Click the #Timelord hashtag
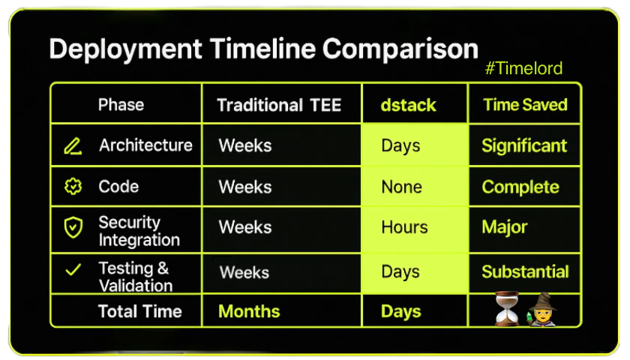[x=523, y=69]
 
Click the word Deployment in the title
[x=126, y=49]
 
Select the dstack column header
[x=408, y=105]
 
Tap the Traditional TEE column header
[x=279, y=105]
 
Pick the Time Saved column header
[x=525, y=105]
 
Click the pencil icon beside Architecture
[x=73, y=146]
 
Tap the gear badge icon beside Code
[x=73, y=187]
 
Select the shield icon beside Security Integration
[x=73, y=227]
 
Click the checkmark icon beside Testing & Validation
[x=73, y=269]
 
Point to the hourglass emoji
[x=507, y=308]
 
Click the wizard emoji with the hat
[x=542, y=309]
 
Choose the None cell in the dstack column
[x=401, y=187]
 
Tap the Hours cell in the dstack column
[x=404, y=227]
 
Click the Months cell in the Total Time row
[x=249, y=311]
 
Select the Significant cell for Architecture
[x=524, y=145]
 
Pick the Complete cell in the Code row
[x=520, y=187]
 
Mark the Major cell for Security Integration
[x=504, y=227]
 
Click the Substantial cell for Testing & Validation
[x=525, y=272]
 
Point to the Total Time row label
[x=139, y=311]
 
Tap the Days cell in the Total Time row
[x=401, y=312]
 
